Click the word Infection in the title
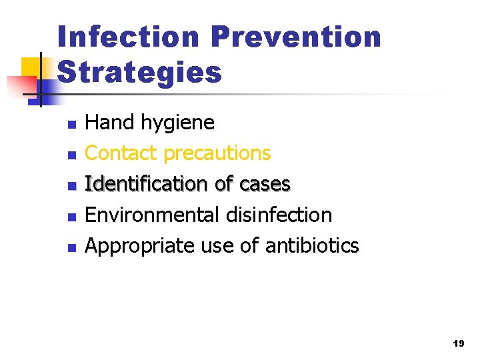pos(129,37)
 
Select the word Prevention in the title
pos(295,37)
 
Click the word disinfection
pos(278,215)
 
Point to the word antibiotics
pos(312,245)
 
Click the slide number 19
pos(458,344)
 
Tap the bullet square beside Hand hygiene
pos(72,124)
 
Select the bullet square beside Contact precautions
pos(72,155)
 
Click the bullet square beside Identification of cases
pos(72,185)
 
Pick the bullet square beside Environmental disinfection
pos(72,216)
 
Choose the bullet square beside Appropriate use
pos(72,247)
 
